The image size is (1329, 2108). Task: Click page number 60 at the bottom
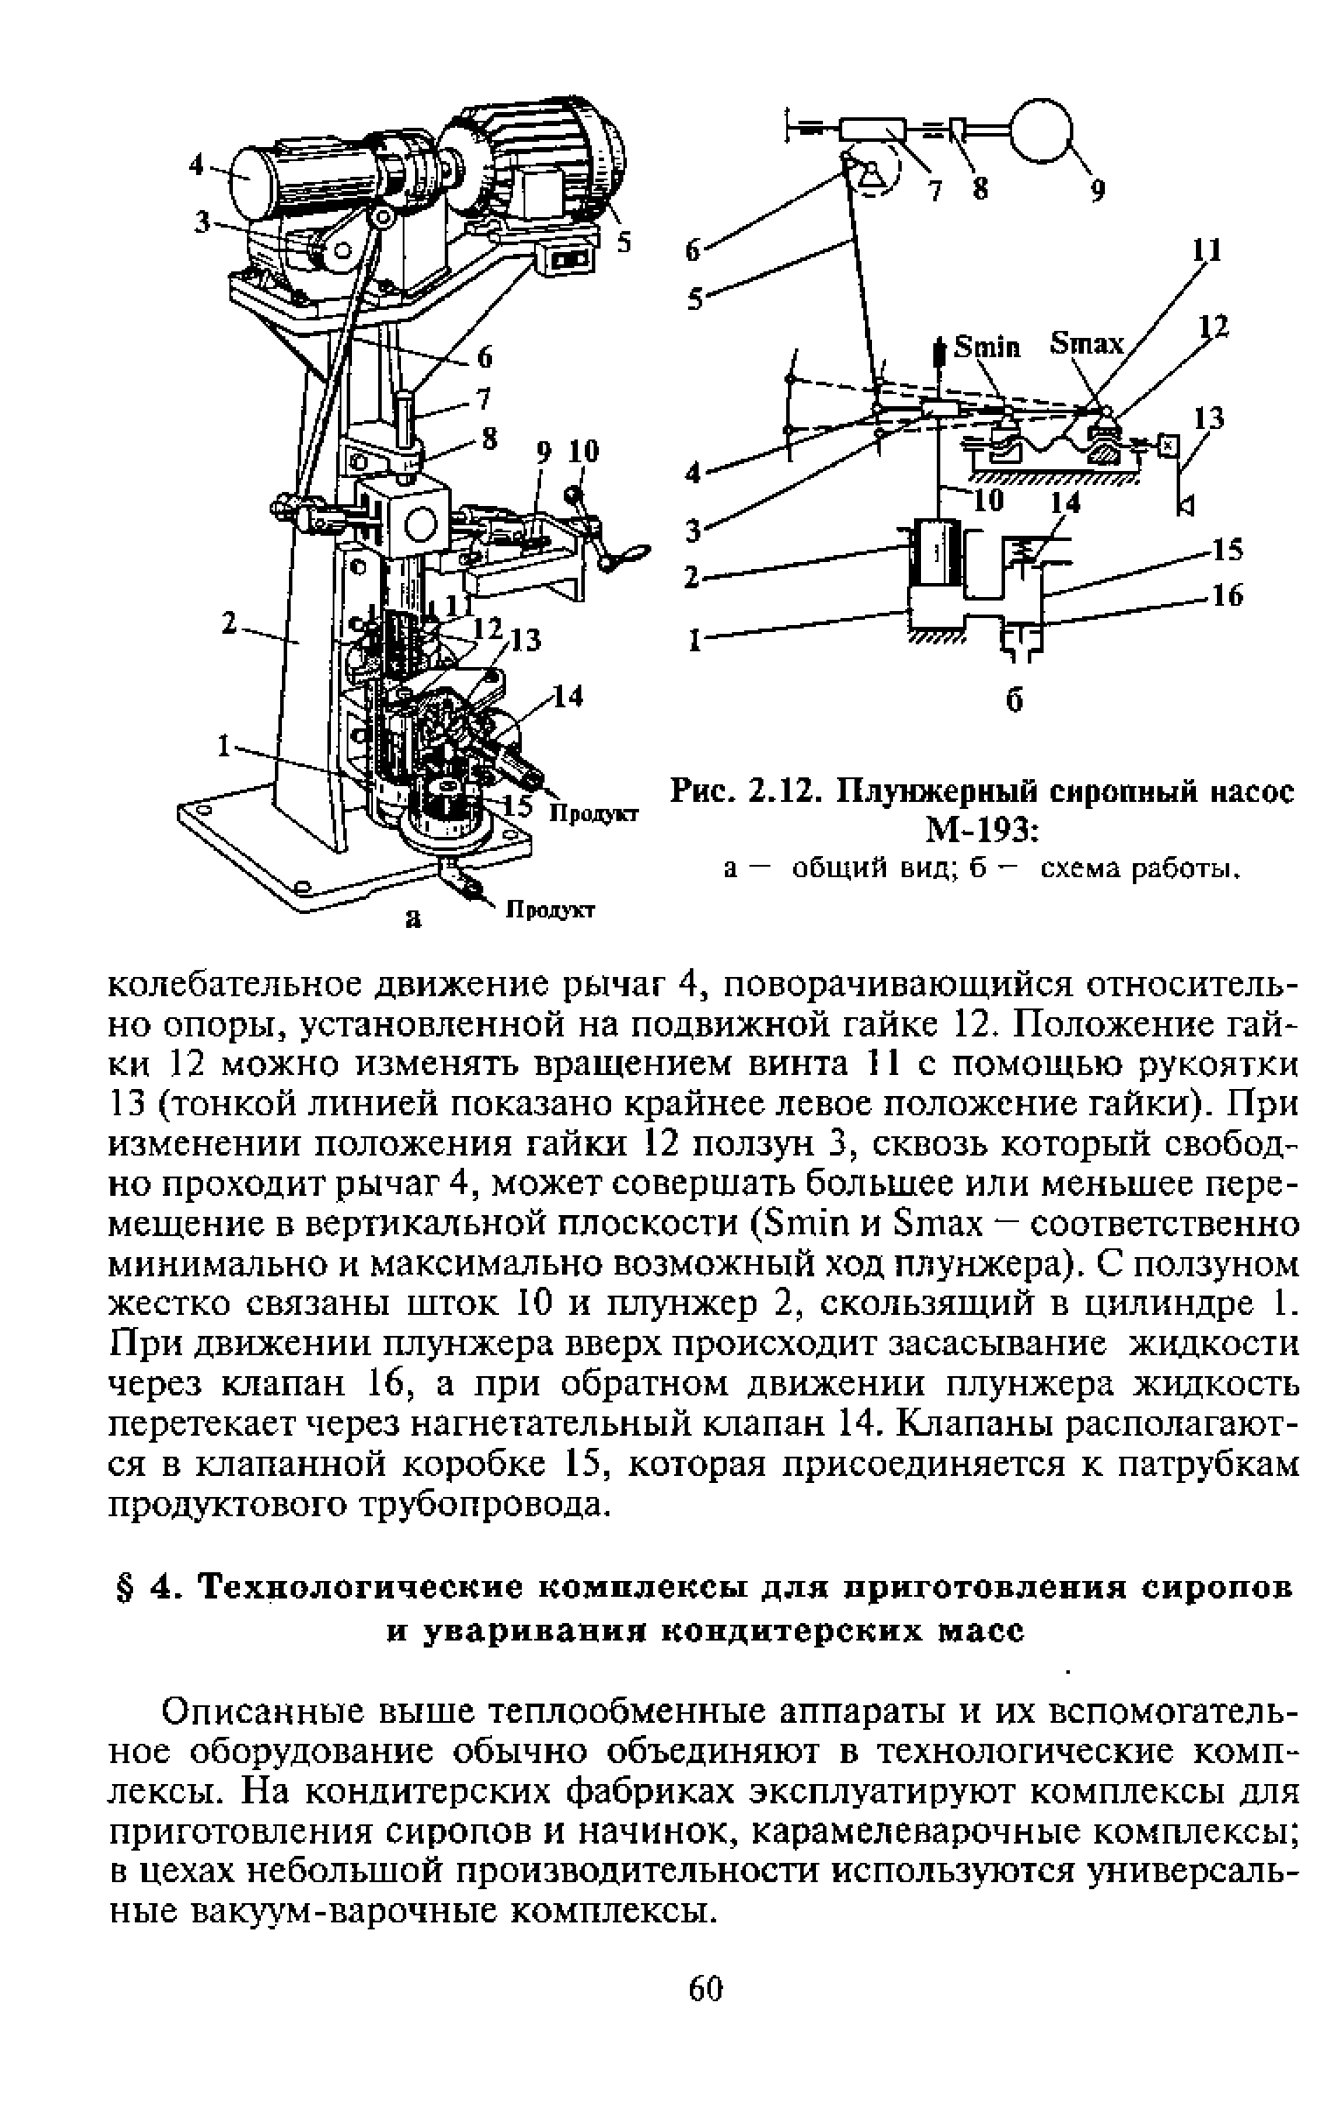[706, 2039]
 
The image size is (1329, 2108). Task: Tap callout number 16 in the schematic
[1228, 596]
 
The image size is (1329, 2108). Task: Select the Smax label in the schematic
[1086, 345]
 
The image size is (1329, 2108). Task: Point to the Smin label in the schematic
[988, 348]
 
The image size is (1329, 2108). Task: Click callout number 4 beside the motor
[195, 165]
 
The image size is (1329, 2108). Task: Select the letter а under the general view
[411, 917]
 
